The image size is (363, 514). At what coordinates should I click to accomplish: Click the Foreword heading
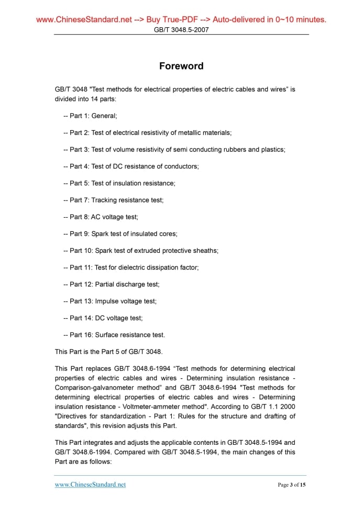click(x=181, y=66)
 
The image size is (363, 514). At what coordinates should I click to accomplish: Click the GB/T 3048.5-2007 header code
click(x=181, y=30)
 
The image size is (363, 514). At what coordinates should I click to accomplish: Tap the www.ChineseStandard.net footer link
click(x=90, y=485)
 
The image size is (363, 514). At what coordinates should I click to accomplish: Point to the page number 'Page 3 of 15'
click(x=291, y=485)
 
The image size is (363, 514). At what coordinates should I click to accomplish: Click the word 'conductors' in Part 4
click(x=181, y=166)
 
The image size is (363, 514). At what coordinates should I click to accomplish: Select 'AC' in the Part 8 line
click(x=96, y=217)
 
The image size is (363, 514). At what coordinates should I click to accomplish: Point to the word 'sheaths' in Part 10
click(x=205, y=251)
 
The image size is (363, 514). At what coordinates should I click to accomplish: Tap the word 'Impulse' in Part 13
click(x=107, y=301)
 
